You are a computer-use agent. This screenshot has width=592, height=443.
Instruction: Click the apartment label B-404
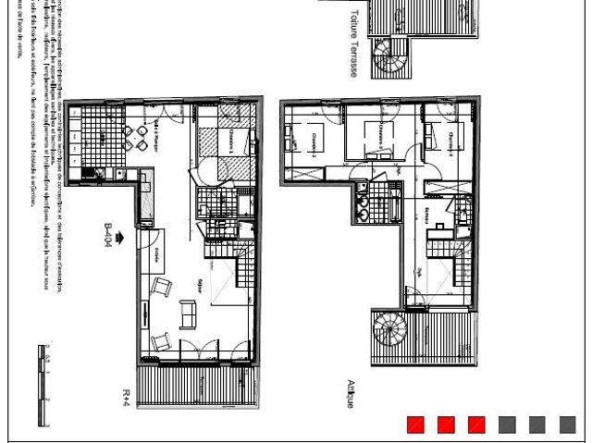coord(108,236)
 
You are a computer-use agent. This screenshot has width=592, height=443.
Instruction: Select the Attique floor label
coord(351,394)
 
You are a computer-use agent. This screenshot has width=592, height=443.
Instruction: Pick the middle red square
coord(446,425)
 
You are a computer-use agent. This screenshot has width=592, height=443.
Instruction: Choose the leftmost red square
coord(415,425)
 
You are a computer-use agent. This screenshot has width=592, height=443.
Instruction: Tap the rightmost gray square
coord(567,425)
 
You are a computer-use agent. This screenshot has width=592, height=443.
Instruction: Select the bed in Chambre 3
coord(376,137)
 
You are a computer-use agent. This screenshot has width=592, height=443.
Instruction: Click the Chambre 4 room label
coord(450,139)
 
